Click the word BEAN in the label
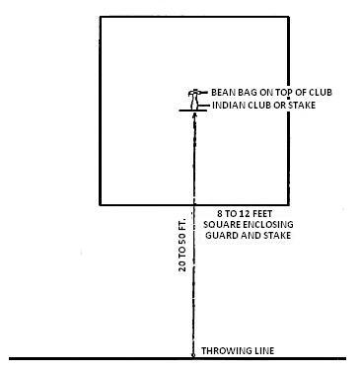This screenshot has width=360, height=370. (225, 92)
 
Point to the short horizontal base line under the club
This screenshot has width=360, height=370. (194, 110)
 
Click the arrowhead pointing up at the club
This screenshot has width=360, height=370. (194, 114)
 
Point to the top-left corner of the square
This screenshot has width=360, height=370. (102, 16)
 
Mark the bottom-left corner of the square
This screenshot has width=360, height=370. (102, 203)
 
